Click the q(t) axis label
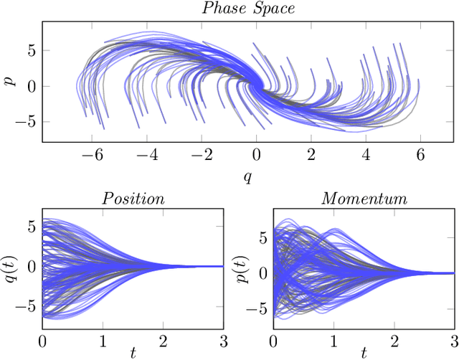click(10, 267)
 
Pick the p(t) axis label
click(242, 267)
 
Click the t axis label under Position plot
click(134, 353)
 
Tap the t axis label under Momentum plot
click(364, 353)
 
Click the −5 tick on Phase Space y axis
click(27, 121)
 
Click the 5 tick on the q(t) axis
click(30, 227)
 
